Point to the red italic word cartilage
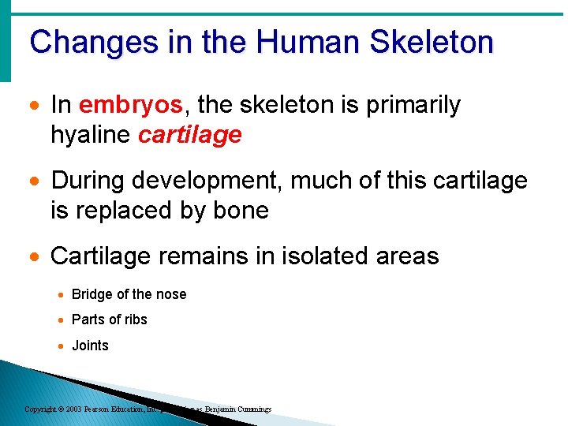[x=189, y=135]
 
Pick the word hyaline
[x=90, y=135]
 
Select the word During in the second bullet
[x=88, y=181]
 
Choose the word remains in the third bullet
[x=207, y=256]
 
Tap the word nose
[x=171, y=294]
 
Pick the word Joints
[x=90, y=346]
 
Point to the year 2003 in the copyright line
[x=73, y=409]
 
